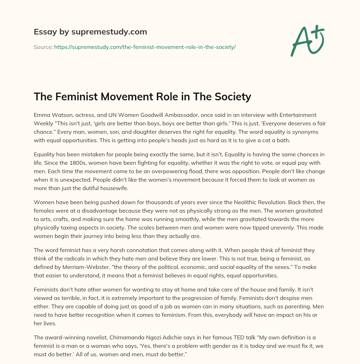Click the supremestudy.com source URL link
click(x=144, y=47)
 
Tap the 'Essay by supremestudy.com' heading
click(x=90, y=32)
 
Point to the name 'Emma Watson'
click(x=50, y=115)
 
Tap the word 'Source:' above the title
click(x=43, y=47)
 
